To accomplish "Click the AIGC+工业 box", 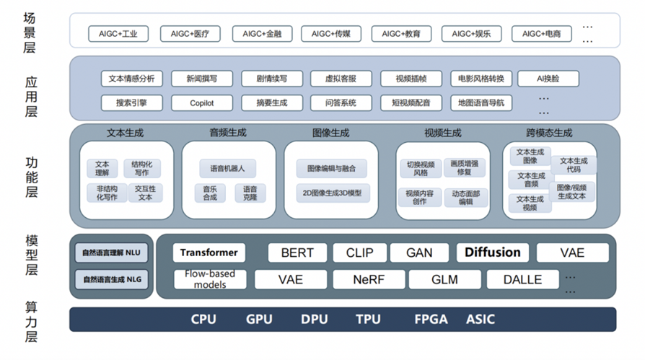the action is [118, 34].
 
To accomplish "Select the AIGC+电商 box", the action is [541, 34].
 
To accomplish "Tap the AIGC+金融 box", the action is [262, 34].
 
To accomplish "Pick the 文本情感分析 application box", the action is [131, 79].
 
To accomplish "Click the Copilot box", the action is [201, 103].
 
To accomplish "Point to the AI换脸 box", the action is [548, 79].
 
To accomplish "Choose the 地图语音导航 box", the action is [481, 103].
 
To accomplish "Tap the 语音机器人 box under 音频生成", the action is [227, 168].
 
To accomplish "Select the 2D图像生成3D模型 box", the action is [332, 193].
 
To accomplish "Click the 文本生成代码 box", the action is [574, 165].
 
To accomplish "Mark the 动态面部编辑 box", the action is [465, 198].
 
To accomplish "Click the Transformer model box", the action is [209, 253].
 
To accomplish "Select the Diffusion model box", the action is [492, 253].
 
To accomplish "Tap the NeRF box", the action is [369, 279].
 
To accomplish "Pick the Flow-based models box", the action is [210, 279].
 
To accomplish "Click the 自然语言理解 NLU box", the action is [111, 253].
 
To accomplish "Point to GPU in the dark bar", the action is [259, 320].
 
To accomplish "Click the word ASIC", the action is [481, 320].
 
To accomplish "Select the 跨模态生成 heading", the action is [549, 133].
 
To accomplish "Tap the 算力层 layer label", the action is [31, 322].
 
